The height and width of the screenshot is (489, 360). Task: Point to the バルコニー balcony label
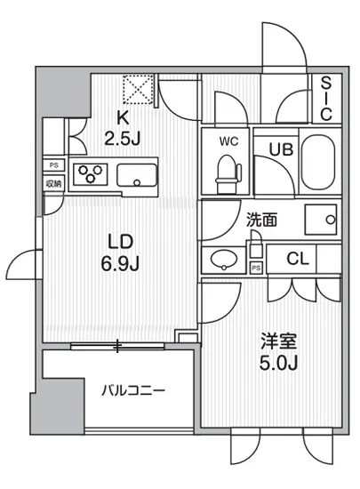[132, 389]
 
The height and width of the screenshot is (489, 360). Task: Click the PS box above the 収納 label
[54, 164]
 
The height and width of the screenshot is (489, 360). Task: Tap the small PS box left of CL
[257, 267]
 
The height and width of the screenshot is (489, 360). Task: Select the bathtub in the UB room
[319, 162]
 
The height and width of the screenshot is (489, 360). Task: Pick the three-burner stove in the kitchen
[90, 174]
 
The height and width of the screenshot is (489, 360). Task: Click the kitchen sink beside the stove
[137, 175]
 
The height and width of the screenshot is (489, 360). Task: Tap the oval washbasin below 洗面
[224, 261]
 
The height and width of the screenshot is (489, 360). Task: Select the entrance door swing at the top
[284, 49]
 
